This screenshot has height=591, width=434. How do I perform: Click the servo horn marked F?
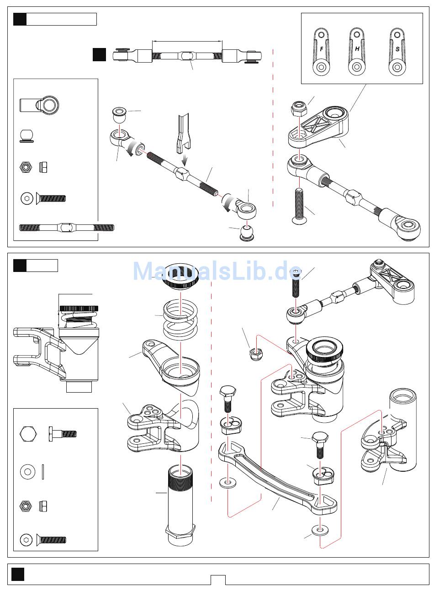[x=321, y=52]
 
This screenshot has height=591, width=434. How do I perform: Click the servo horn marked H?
[x=357, y=52]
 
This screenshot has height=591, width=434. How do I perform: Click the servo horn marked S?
[x=397, y=52]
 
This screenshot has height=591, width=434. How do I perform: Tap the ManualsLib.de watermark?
[x=217, y=271]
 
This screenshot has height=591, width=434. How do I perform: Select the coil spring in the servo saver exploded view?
[x=180, y=319]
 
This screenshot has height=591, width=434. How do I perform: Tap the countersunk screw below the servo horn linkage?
[x=299, y=206]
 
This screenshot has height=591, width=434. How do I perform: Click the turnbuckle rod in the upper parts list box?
[x=67, y=228]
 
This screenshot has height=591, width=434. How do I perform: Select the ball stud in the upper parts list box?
[x=26, y=136]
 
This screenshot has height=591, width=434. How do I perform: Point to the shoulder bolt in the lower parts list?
[x=63, y=434]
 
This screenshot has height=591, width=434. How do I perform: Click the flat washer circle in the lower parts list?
[x=27, y=471]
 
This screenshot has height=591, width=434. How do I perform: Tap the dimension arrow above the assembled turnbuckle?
[x=187, y=41]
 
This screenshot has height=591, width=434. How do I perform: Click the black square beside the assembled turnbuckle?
[x=99, y=54]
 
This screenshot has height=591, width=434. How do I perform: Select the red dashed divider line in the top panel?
[x=273, y=128]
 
